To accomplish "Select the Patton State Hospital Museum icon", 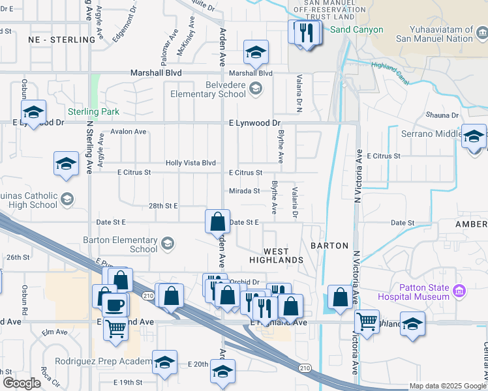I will [459, 289].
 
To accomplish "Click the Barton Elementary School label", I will [120, 244].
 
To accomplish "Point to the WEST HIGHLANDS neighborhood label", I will [276, 255].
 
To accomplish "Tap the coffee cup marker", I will [115, 304].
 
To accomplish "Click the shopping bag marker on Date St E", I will [218, 222].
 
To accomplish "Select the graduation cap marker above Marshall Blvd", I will [256, 52].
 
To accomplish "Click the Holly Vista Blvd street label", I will [191, 163].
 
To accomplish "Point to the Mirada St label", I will [245, 191].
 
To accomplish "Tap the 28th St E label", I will [163, 205].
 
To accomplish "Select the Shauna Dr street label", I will [442, 115].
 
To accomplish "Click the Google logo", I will [22, 383].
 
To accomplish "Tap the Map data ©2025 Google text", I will [448, 386].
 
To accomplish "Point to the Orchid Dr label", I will [245, 282].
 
